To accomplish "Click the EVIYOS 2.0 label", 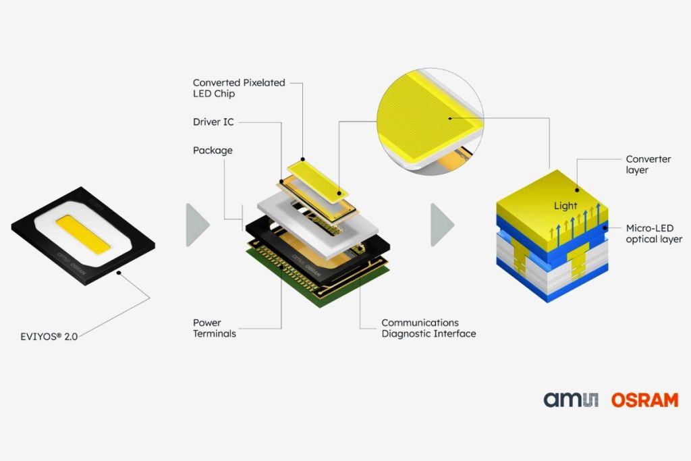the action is point(49,337).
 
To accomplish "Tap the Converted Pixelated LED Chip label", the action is point(239,88).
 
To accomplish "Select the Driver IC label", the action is point(213,122).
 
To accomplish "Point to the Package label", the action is point(213,151).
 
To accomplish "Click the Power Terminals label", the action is point(214,328).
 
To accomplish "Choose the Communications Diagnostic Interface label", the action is point(429,328).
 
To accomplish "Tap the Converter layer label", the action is point(648,165).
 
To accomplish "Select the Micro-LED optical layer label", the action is point(654,234).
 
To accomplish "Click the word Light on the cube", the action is point(565,206).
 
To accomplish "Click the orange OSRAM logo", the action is point(644,400).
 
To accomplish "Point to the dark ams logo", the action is point(571,400).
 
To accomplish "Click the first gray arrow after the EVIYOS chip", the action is point(198,225).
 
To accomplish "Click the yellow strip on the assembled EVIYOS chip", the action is point(83,234).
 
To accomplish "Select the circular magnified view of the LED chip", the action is point(430,121).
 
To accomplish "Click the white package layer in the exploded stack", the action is point(317,225).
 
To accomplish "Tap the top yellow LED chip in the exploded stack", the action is point(318,180).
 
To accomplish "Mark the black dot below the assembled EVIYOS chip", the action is point(119,273).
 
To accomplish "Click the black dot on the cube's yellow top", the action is point(577,190).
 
